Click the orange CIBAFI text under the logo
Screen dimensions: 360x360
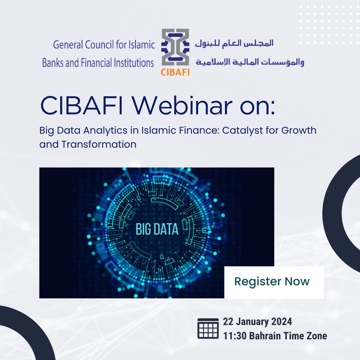coord(175,72)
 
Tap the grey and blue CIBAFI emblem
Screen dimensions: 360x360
coord(175,48)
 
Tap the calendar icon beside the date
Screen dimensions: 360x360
coord(208,328)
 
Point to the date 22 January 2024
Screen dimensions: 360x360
coord(257,322)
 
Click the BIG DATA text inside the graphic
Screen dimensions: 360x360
coord(157,230)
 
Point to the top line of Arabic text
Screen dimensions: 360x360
coord(234,43)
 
